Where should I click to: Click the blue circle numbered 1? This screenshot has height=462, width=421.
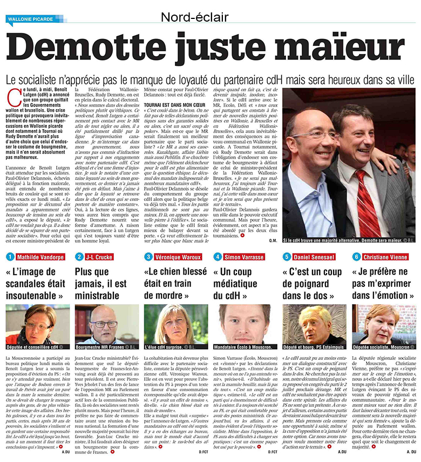(x=10, y=257)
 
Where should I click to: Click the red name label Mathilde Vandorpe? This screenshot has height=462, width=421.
(x=38, y=257)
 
